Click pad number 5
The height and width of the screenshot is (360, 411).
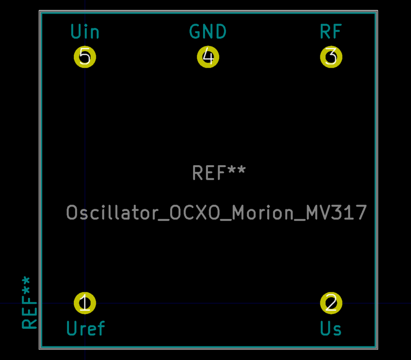[85, 57]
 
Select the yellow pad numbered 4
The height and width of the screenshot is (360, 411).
[208, 57]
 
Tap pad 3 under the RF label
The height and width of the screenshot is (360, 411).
[331, 57]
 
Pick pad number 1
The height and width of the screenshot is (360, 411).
[85, 303]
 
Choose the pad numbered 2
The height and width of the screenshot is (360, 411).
[331, 303]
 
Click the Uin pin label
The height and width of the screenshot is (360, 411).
[85, 32]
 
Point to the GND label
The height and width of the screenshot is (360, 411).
[208, 32]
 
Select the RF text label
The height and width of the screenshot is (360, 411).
[331, 32]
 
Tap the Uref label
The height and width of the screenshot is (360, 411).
[86, 328]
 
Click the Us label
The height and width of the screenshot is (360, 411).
[331, 328]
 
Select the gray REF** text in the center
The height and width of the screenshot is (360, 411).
[219, 172]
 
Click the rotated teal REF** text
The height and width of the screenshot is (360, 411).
[29, 303]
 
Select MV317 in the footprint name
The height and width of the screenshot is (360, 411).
[336, 212]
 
